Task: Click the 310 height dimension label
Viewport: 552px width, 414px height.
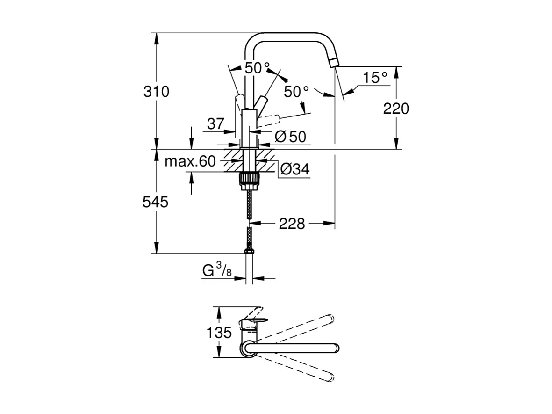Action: (156, 92)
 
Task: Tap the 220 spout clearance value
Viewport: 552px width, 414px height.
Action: (396, 109)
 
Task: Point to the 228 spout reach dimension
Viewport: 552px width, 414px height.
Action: (292, 224)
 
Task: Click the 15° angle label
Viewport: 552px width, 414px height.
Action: (375, 78)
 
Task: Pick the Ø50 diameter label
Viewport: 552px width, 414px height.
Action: (290, 137)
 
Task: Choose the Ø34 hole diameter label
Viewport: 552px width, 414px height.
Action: (294, 169)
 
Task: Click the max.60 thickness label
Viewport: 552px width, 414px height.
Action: (190, 162)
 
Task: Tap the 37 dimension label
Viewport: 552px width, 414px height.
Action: (215, 124)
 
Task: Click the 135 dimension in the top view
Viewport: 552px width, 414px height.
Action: (219, 333)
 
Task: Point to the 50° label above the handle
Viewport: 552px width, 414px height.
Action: (257, 68)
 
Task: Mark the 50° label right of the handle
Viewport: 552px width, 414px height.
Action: (296, 92)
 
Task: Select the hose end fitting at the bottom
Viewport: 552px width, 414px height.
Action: (250, 253)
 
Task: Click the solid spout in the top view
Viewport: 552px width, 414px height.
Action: (294, 348)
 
